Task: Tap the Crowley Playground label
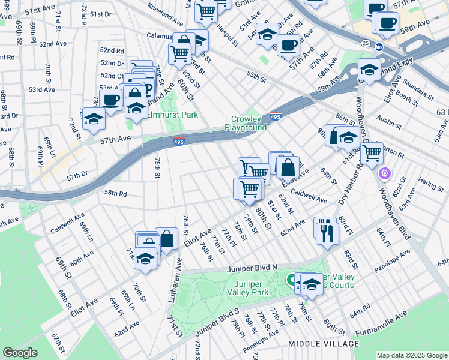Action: point(246,124)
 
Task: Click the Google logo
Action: point(20,353)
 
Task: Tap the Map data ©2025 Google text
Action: point(411,355)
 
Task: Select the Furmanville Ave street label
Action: point(381,322)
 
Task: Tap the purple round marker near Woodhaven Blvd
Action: point(385,174)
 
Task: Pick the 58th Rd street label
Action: point(115,193)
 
